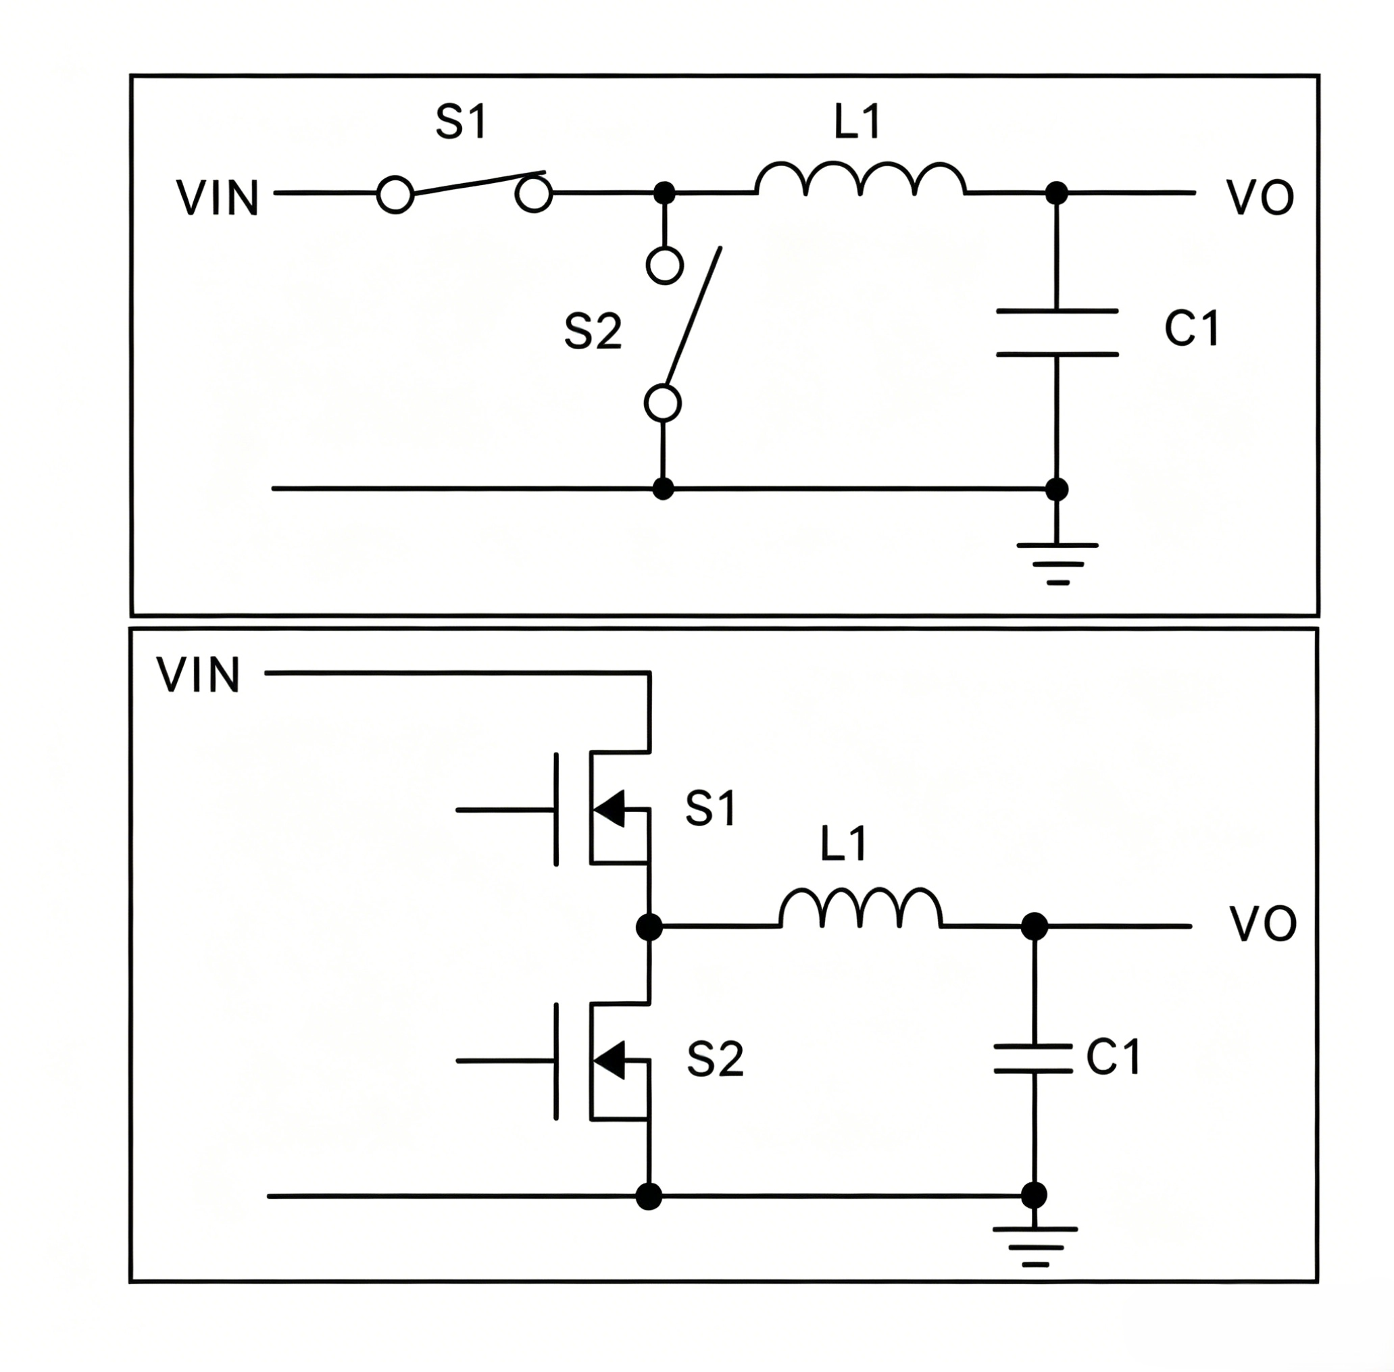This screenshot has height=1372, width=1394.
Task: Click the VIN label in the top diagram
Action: pyautogui.click(x=218, y=198)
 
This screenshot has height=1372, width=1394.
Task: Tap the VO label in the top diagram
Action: pyautogui.click(x=1260, y=198)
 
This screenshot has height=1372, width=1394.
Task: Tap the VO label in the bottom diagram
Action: pyautogui.click(x=1263, y=925)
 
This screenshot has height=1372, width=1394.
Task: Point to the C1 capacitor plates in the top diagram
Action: pyautogui.click(x=1057, y=333)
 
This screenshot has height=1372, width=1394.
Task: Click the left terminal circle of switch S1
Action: pyautogui.click(x=395, y=195)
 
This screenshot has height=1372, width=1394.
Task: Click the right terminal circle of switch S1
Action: pyautogui.click(x=534, y=195)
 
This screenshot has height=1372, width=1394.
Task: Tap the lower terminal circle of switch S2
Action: pyautogui.click(x=663, y=403)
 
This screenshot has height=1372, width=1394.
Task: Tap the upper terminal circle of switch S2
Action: pyautogui.click(x=664, y=266)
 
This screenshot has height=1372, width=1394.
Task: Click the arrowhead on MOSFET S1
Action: pyautogui.click(x=609, y=809)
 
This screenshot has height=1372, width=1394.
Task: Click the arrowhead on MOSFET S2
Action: pyautogui.click(x=609, y=1060)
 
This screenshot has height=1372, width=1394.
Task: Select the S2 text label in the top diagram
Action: pyautogui.click(x=593, y=333)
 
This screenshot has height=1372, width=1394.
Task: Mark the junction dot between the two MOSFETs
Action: pyautogui.click(x=649, y=927)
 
